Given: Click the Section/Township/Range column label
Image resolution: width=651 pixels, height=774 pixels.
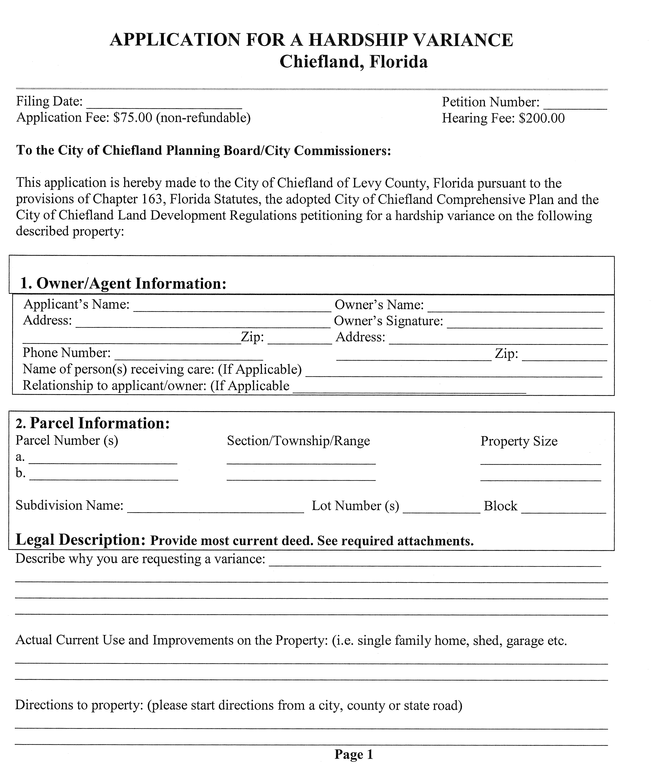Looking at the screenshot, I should (x=298, y=441).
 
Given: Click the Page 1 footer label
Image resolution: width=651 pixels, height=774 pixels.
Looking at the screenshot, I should (x=354, y=754).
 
